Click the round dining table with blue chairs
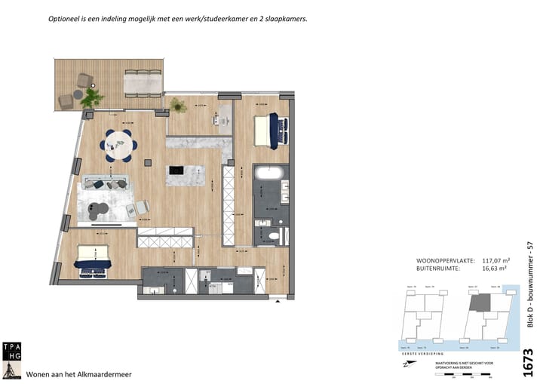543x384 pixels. coord(118,144)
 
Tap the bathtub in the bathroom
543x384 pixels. coord(269,173)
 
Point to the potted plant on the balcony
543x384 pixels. coord(91,98)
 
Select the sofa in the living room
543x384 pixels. coord(106,183)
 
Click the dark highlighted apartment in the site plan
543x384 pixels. coord(480,304)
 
